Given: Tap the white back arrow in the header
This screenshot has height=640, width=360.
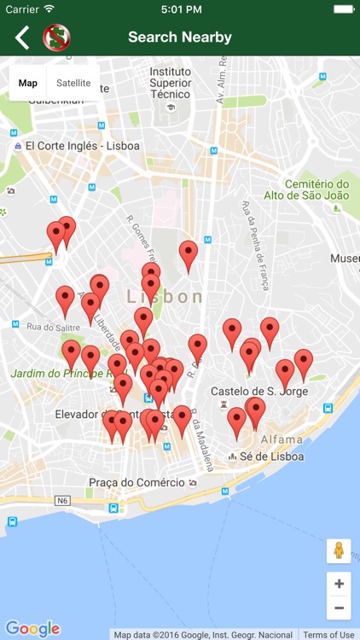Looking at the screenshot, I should [22, 38].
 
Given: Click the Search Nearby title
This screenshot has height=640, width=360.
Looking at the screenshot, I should [180, 38].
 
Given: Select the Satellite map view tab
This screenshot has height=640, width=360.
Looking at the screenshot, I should [73, 83].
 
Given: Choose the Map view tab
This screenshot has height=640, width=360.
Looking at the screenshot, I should [28, 83].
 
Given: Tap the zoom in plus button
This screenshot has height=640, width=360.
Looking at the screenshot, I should [339, 584].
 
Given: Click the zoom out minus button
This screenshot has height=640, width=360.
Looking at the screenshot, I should [339, 608].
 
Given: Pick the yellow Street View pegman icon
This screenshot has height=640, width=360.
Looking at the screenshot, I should [339, 550].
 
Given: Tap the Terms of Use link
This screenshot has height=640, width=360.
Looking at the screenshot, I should [328, 635].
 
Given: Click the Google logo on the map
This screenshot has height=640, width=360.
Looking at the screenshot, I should [32, 629].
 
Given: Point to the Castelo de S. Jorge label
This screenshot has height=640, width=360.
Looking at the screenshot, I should [259, 391].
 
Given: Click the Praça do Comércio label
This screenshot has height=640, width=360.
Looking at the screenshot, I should [136, 482].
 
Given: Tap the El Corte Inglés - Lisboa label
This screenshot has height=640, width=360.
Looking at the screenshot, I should [82, 146].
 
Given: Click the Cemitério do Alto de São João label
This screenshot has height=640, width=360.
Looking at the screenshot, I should [316, 189].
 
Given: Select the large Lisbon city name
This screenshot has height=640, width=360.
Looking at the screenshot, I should [165, 297].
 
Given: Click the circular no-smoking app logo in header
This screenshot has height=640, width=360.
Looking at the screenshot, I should [56, 38].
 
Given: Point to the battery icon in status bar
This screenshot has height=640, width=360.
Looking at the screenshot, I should [344, 9].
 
